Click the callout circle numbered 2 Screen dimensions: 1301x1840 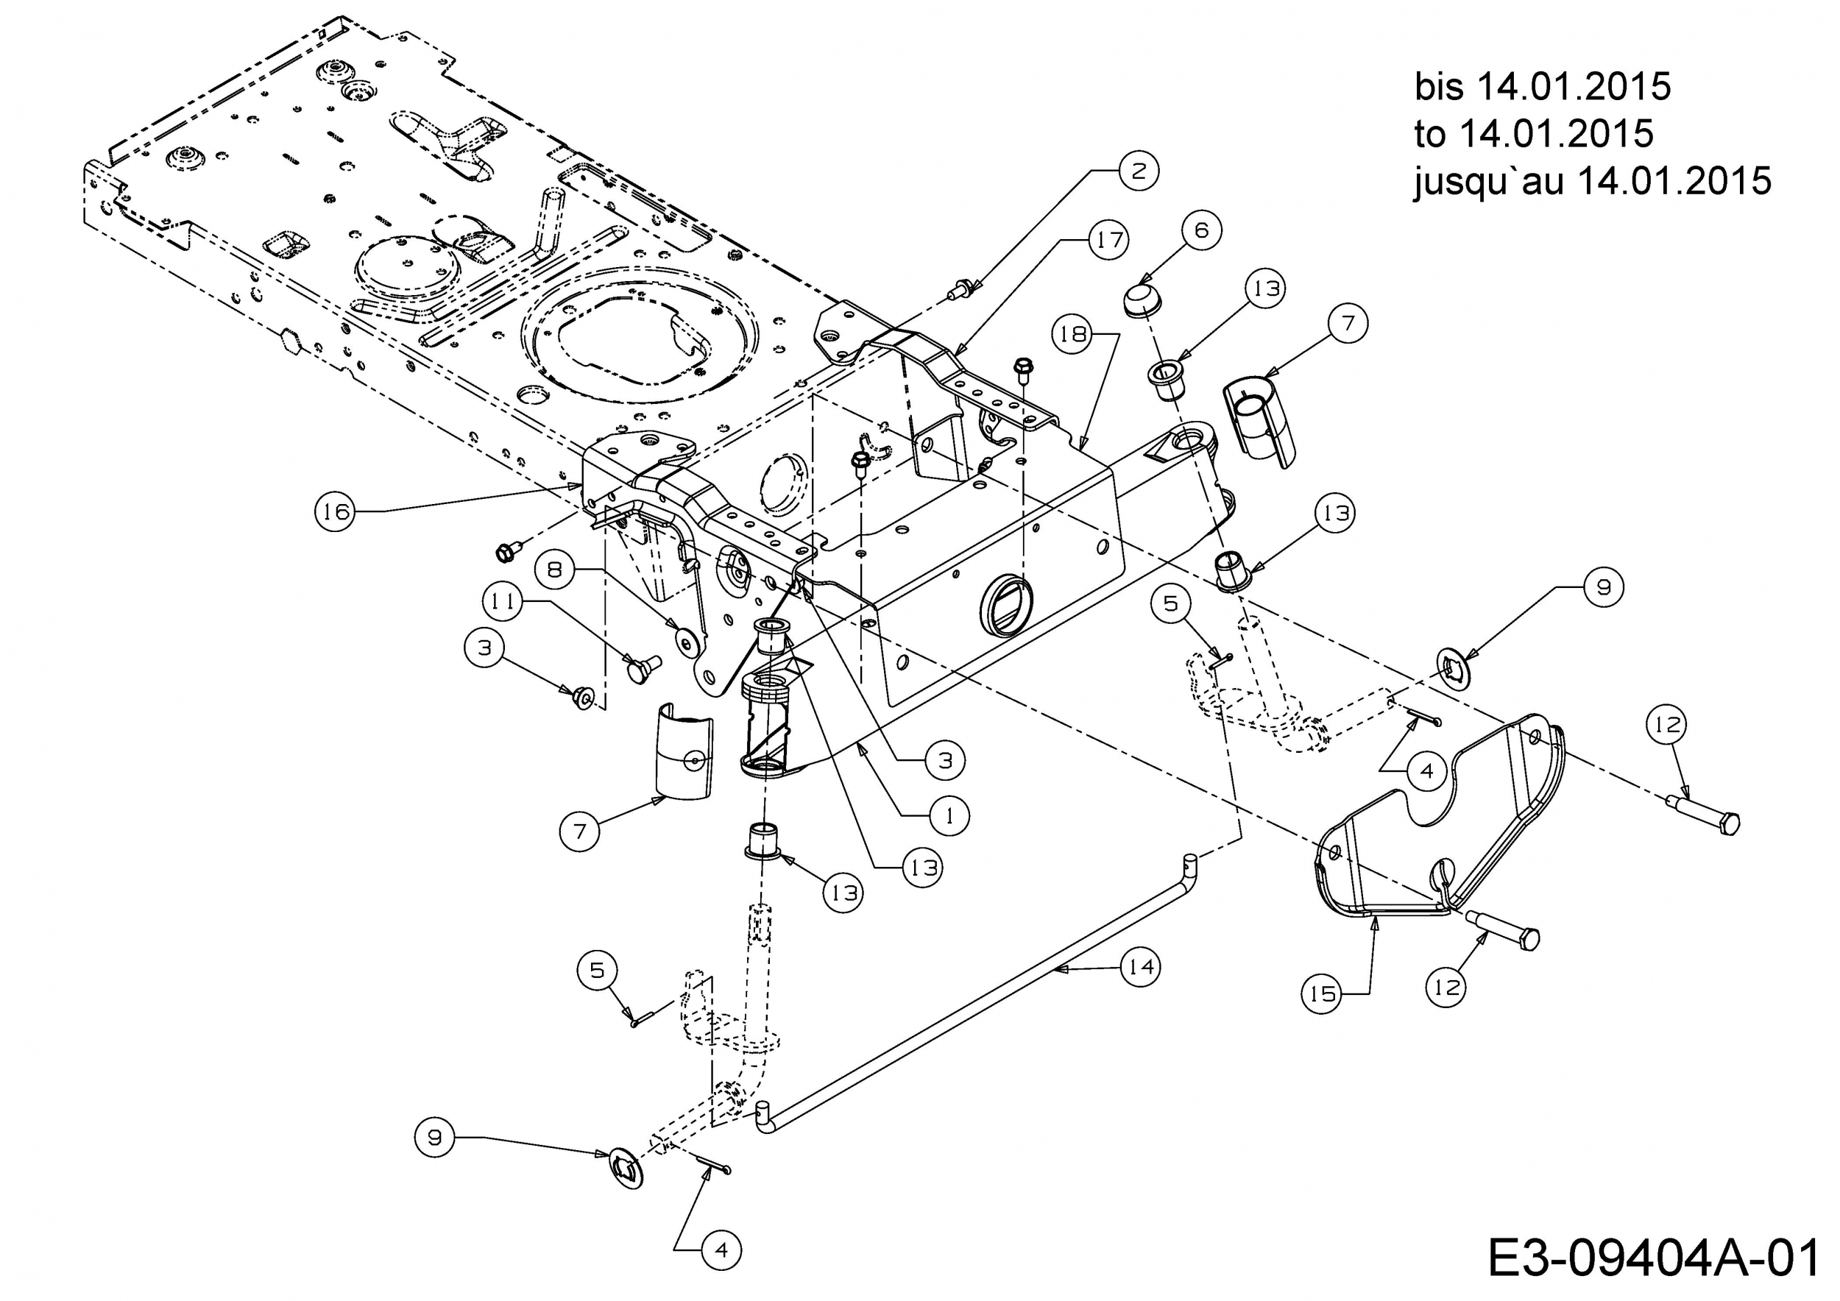tap(1139, 170)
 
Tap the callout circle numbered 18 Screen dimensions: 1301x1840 tap(1074, 333)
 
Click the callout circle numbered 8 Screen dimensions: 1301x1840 tap(554, 570)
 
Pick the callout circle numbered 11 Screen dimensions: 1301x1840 tap(503, 601)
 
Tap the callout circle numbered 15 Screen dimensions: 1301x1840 tap(1322, 993)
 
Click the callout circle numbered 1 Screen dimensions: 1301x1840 tap(949, 815)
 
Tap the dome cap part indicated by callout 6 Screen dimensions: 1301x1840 tap(1142, 299)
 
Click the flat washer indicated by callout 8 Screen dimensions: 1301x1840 tap(686, 639)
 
